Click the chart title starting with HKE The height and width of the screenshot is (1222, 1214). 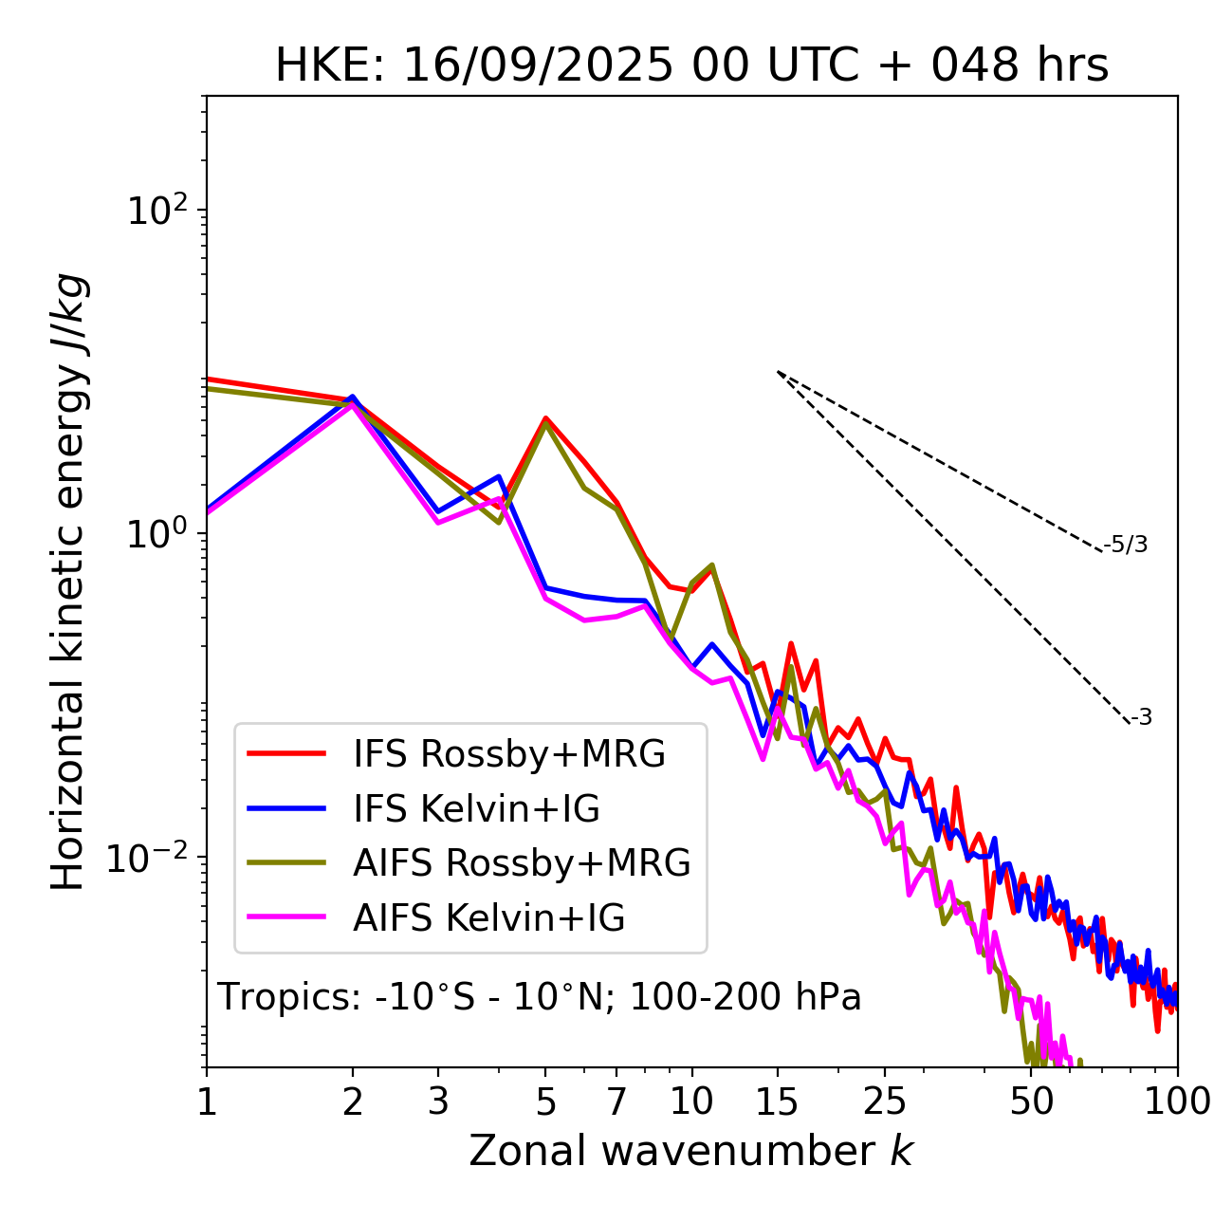(x=691, y=66)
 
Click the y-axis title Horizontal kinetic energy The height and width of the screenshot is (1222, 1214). (x=68, y=582)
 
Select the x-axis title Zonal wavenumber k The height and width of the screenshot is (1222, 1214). (x=691, y=1150)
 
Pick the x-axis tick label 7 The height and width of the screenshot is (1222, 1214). (x=616, y=1102)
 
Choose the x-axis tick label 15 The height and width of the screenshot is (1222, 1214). (x=778, y=1102)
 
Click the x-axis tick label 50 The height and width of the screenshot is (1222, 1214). (x=1031, y=1102)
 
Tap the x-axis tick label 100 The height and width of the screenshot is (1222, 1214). (x=1177, y=1102)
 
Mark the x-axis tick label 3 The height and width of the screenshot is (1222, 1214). (x=438, y=1102)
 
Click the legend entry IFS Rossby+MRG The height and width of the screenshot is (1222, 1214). (x=509, y=754)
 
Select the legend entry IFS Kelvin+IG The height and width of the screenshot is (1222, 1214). (x=476, y=808)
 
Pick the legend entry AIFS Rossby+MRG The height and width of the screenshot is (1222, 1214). (x=522, y=862)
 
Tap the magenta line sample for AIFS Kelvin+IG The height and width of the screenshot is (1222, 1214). (x=286, y=917)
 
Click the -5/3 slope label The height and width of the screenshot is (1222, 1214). (x=1126, y=545)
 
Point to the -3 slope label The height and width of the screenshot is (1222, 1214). (x=1142, y=717)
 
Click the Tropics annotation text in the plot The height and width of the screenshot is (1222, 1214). (x=539, y=997)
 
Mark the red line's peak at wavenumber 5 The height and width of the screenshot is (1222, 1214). (x=545, y=417)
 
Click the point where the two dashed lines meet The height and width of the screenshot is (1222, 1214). (x=778, y=372)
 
